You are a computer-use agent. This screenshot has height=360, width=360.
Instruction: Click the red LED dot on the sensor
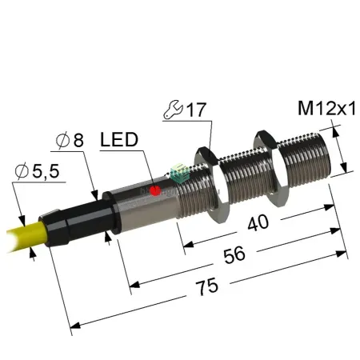pyautogui.click(x=155, y=190)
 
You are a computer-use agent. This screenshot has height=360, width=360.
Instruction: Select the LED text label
pyautogui.click(x=119, y=139)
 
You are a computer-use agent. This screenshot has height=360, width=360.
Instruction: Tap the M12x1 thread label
pyautogui.click(x=326, y=109)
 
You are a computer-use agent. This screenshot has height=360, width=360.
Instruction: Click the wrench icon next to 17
pyautogui.click(x=173, y=110)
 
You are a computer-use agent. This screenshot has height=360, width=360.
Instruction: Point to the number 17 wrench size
pyautogui.click(x=196, y=110)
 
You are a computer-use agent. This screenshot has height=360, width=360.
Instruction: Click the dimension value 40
pyautogui.click(x=258, y=222)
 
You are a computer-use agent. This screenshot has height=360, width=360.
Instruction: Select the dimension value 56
pyautogui.click(x=234, y=255)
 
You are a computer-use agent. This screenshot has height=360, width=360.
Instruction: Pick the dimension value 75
pyautogui.click(x=206, y=286)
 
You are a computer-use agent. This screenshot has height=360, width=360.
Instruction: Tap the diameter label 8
pyautogui.click(x=70, y=140)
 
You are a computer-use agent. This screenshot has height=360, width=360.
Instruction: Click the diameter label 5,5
pyautogui.click(x=38, y=171)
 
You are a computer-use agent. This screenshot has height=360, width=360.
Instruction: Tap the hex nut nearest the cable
pyautogui.click(x=211, y=184)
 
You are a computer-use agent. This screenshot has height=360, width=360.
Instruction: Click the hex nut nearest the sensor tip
pyautogui.click(x=270, y=168)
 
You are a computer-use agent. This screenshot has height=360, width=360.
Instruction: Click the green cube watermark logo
pyautogui.click(x=179, y=174)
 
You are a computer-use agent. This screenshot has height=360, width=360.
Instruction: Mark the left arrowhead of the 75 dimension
pyautogui.click(x=75, y=326)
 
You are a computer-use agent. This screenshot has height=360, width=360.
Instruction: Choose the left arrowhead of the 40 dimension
pyautogui.click(x=188, y=244)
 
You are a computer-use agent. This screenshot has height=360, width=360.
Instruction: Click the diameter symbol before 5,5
pyautogui.click(x=22, y=171)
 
